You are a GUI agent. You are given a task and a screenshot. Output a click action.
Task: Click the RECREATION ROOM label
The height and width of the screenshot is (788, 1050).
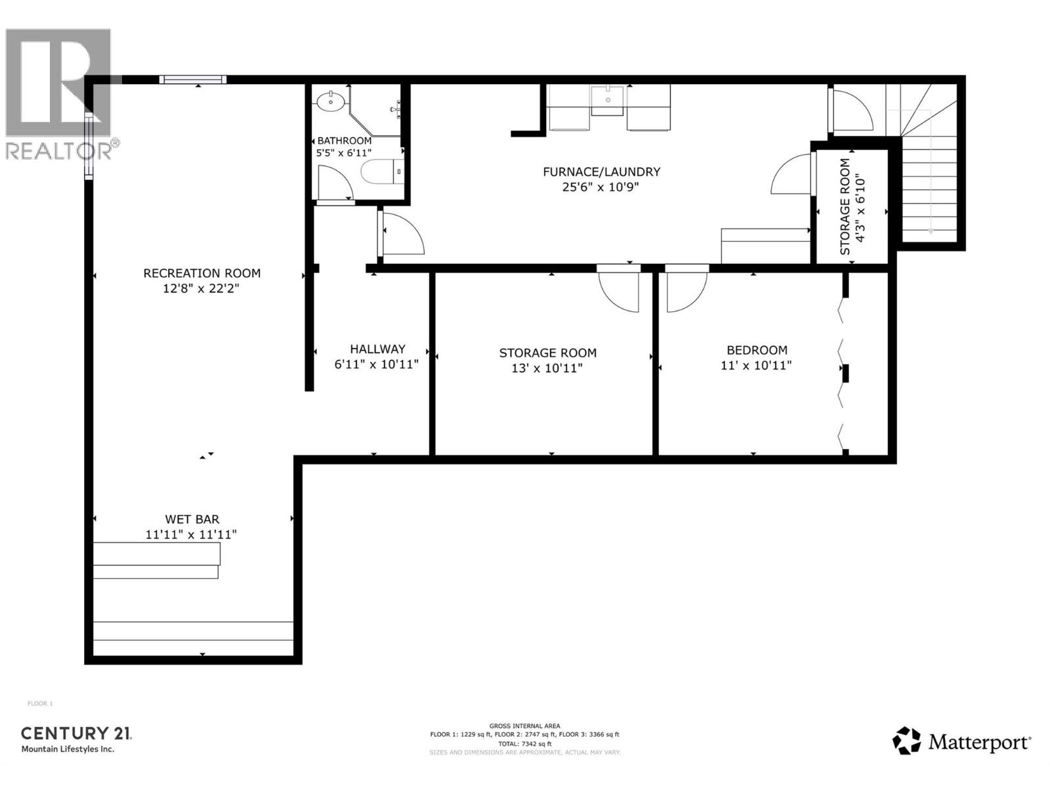(201, 273)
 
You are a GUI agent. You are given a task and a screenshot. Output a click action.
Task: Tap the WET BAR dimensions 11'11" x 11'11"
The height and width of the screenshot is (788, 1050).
(191, 535)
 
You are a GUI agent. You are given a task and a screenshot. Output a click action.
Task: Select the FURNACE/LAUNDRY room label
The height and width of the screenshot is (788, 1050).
(601, 172)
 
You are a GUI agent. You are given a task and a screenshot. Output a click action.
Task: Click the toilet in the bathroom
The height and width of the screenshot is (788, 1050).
(379, 172)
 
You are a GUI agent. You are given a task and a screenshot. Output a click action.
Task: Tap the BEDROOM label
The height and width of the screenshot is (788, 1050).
(756, 350)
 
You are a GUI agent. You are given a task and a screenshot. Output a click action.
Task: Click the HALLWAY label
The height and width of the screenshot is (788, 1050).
(377, 349)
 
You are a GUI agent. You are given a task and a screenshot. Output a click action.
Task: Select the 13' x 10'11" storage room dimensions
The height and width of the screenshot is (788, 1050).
(547, 368)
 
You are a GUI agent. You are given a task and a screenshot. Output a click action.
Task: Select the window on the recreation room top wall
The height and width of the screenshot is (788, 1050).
(193, 79)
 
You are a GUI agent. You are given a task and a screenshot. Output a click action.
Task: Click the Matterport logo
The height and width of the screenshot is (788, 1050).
(961, 742)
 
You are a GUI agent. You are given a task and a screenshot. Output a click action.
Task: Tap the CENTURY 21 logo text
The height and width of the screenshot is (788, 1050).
(76, 733)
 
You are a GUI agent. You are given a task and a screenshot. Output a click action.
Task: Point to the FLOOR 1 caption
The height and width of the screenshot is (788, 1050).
(39, 704)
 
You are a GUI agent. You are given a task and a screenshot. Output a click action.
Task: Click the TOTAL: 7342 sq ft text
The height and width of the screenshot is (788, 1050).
(524, 743)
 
